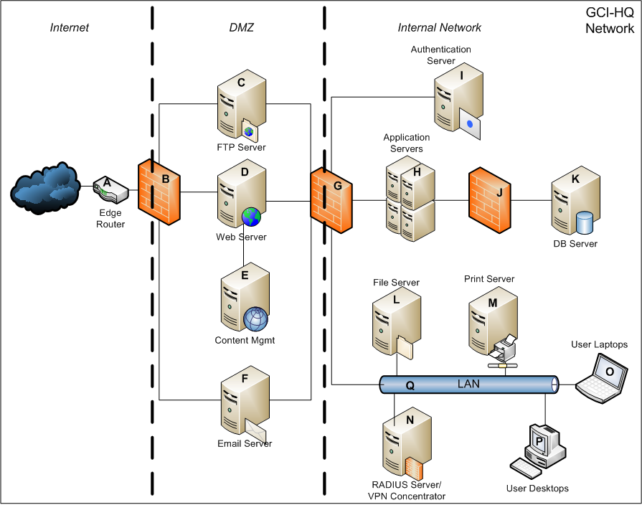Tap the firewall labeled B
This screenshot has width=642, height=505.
click(159, 192)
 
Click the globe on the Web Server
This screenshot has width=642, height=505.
click(251, 217)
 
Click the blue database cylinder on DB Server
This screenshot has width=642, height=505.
click(585, 222)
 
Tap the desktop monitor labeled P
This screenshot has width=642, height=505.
click(539, 439)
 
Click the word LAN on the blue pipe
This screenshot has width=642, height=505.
click(468, 384)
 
